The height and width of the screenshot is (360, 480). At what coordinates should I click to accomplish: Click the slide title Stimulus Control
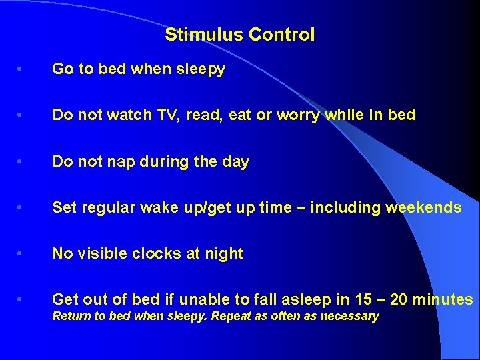239,35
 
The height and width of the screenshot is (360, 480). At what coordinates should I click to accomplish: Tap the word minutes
443,299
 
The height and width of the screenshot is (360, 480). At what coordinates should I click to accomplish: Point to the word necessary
349,316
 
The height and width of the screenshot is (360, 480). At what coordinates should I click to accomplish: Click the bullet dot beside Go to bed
23,69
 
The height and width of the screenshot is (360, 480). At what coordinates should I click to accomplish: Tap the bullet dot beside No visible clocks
23,253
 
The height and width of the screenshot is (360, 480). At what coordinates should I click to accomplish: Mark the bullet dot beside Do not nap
23,161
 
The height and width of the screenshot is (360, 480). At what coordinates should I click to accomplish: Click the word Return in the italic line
71,316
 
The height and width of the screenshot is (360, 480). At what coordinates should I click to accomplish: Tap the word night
225,253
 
